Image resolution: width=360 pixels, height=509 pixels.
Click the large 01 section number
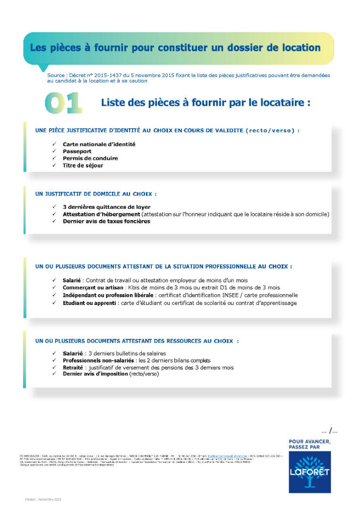[x=64, y=104]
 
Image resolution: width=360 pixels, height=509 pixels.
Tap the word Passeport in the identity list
[x=77, y=151]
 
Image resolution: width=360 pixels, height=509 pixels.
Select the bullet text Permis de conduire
[x=90, y=158]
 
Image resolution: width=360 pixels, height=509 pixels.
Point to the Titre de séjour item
[x=83, y=165]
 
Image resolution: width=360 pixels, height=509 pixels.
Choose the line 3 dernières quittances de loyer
[x=106, y=207]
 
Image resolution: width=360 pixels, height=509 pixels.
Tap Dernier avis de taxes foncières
[x=106, y=221]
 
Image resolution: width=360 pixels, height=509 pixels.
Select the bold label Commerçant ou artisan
[x=92, y=287]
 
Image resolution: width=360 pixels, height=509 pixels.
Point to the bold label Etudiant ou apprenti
[x=90, y=303]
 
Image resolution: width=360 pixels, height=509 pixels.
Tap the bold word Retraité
[x=73, y=367]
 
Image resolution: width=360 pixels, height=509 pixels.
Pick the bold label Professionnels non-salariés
[x=92, y=360]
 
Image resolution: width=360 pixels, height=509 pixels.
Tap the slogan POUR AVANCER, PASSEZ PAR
[x=310, y=444]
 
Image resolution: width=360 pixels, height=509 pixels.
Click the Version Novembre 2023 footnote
[x=43, y=499]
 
